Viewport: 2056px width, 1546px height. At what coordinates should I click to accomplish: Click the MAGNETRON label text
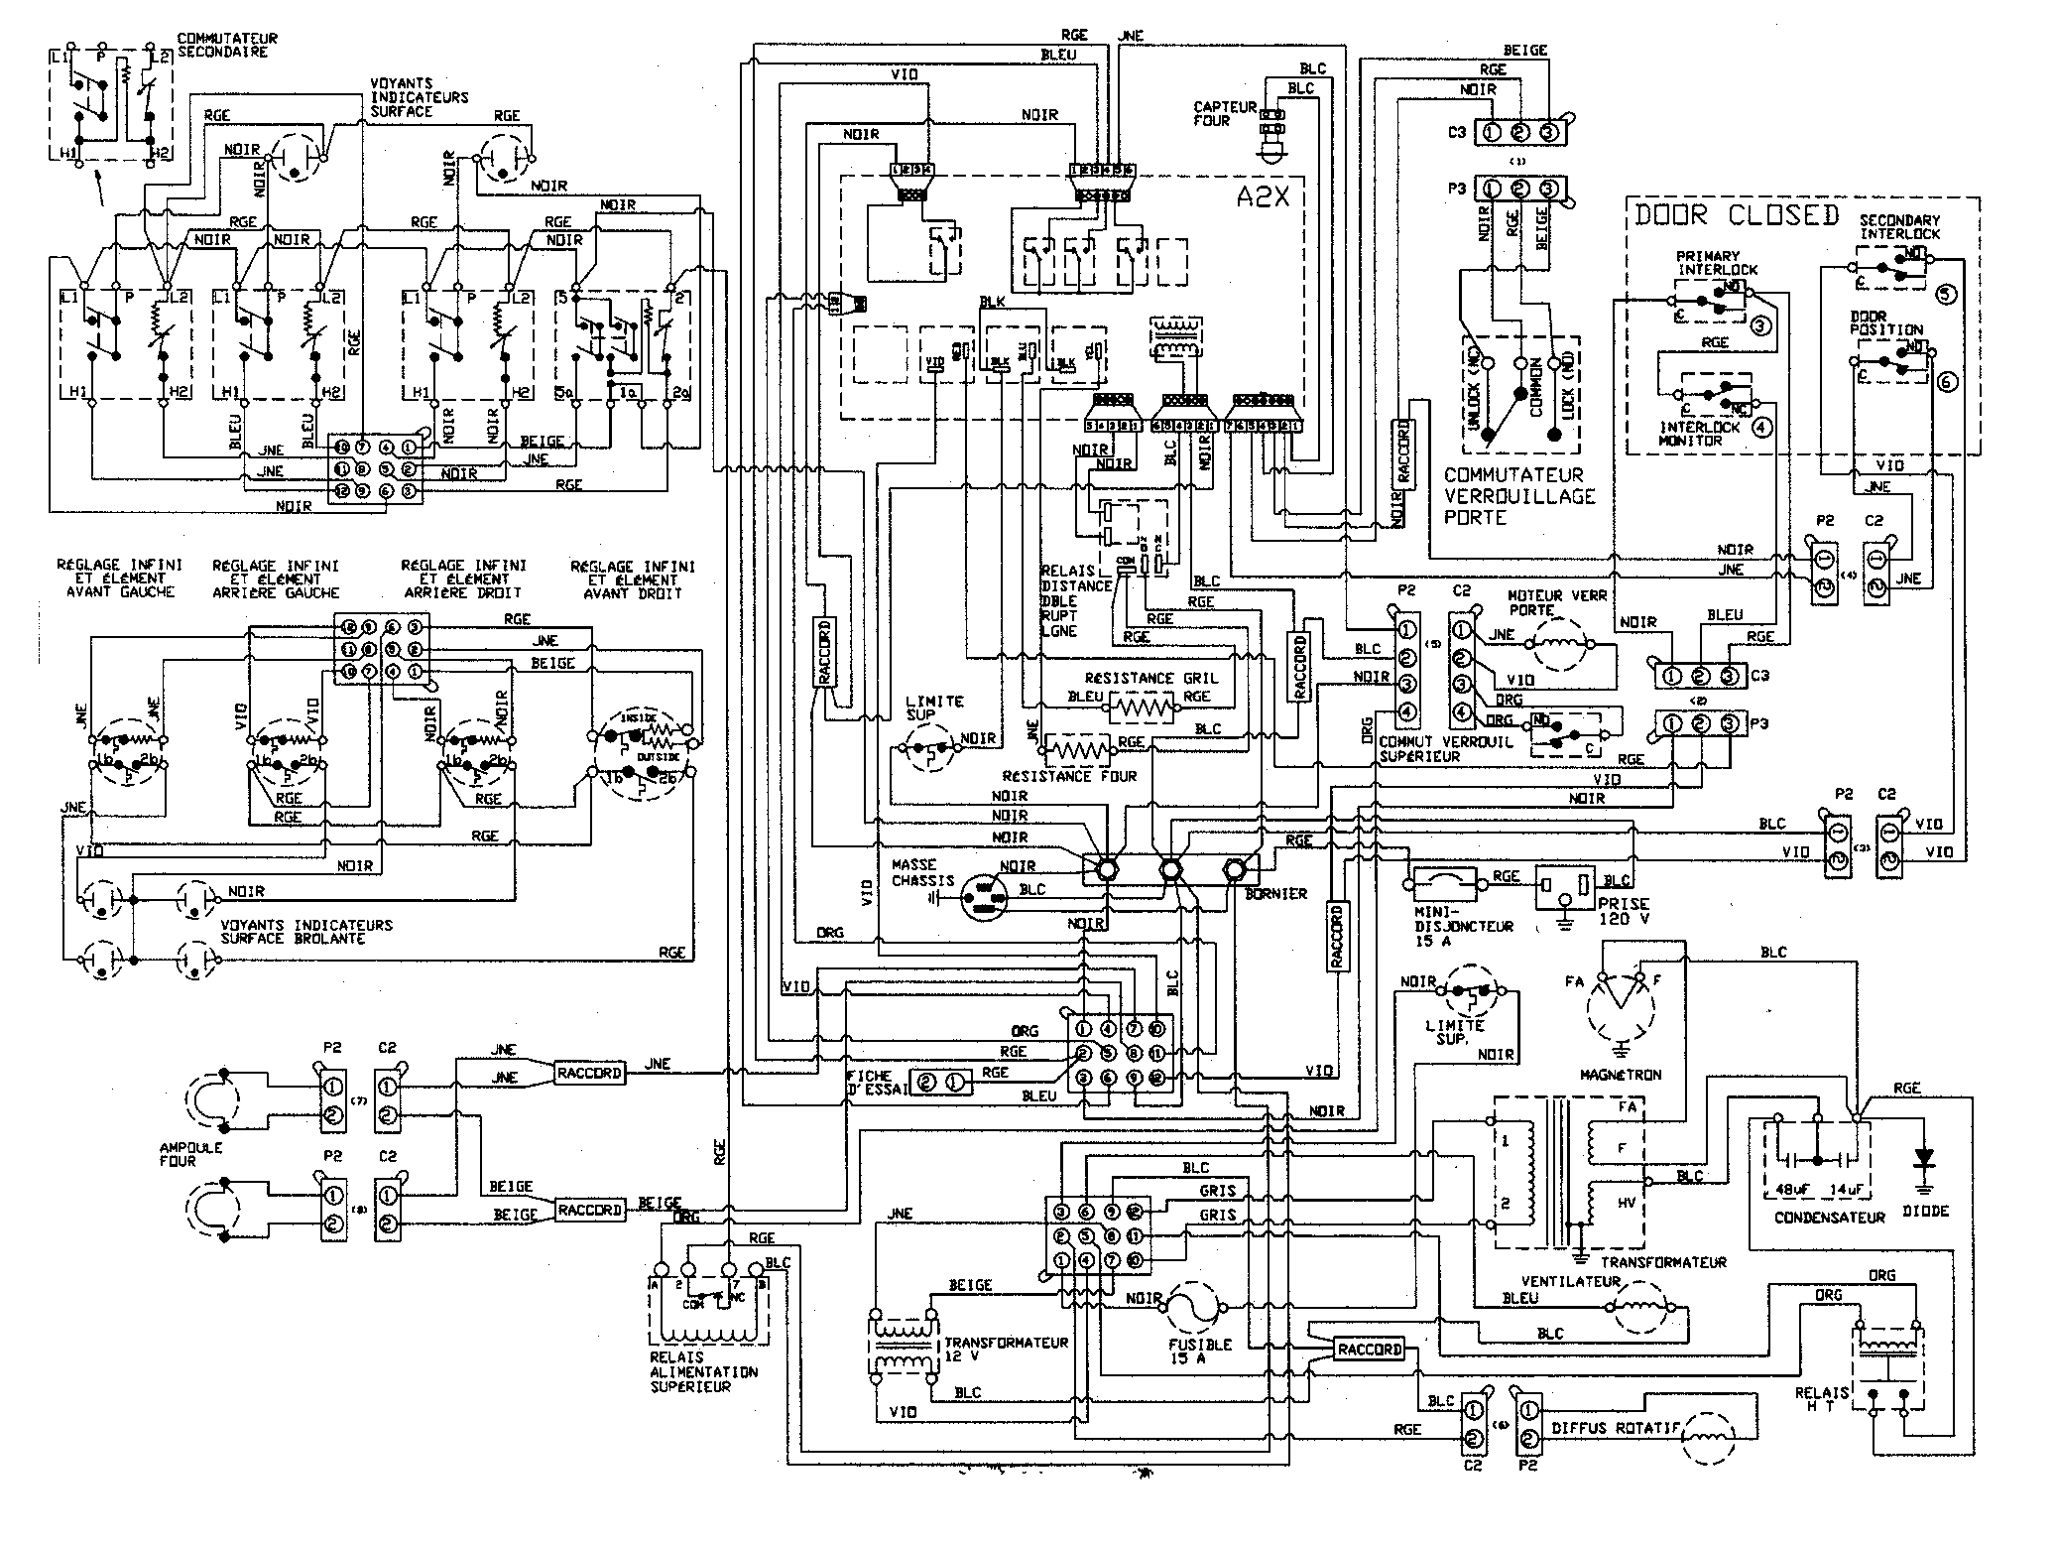tap(1621, 1074)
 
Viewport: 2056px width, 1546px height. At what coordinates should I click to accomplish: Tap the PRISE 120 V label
tap(1623, 911)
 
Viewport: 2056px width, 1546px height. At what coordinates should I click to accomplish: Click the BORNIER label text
tap(1274, 893)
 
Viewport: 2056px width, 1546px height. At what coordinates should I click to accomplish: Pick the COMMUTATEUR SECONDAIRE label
tap(227, 45)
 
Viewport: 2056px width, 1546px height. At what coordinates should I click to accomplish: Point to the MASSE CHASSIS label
tap(921, 872)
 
